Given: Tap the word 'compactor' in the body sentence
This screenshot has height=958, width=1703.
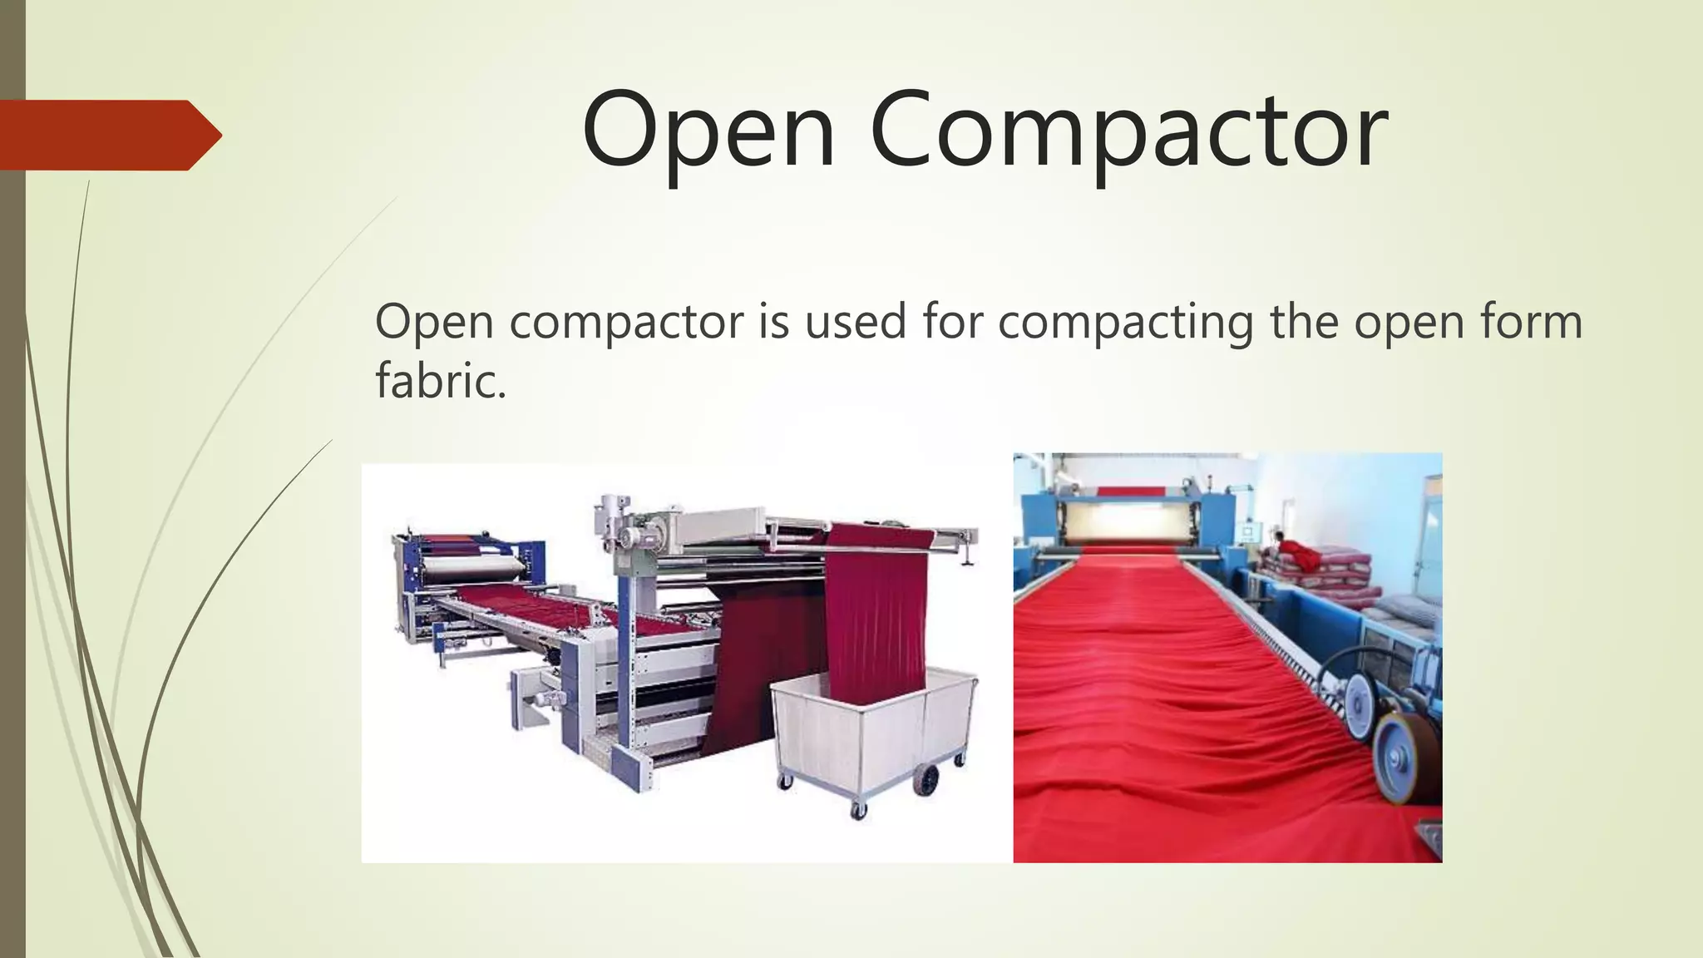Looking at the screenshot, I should [x=626, y=322].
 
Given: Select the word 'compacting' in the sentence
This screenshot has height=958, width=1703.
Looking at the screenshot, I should [x=1125, y=322].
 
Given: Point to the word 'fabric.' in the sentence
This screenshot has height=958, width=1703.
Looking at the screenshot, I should [x=441, y=380].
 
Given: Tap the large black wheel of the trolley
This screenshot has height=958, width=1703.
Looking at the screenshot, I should [x=926, y=779].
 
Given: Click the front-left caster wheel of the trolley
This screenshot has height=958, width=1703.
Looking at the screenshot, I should [x=784, y=782].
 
